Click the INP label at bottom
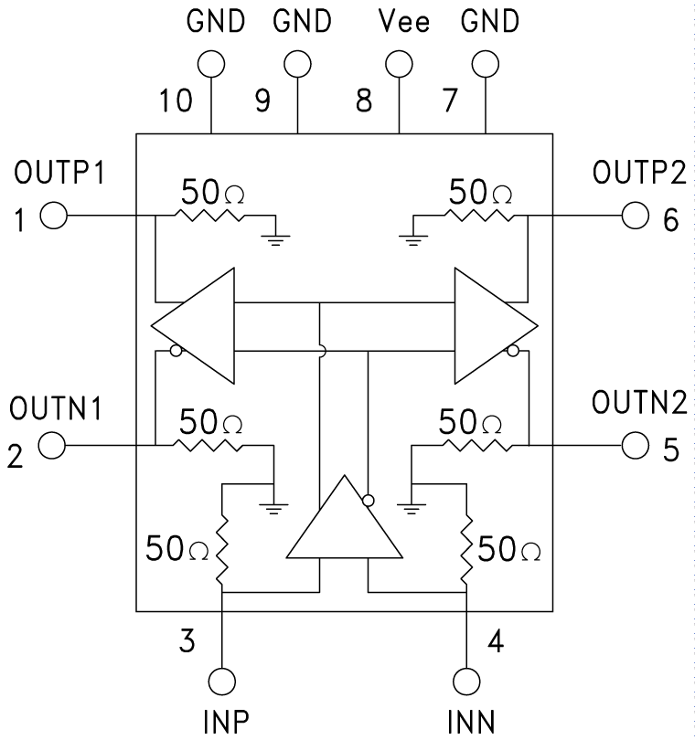coord(224,722)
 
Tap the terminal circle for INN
coord(466,682)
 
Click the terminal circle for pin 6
coord(635,217)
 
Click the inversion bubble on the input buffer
coord(368,500)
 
